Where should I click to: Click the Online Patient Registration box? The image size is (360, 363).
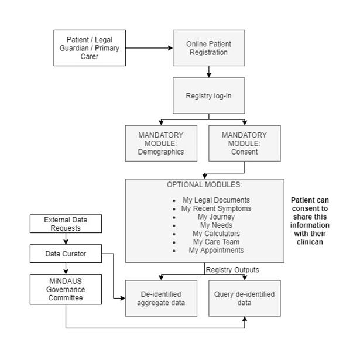point(208,48)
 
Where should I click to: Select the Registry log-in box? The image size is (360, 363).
point(208,95)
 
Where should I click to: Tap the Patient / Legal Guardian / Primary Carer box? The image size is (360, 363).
point(90,48)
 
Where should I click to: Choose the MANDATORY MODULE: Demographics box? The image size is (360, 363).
point(161,143)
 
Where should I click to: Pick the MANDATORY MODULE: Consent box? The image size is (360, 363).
point(245,143)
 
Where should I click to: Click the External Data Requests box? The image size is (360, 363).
point(66,224)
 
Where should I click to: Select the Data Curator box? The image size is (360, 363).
point(66,254)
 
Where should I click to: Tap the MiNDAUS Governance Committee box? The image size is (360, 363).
point(66,289)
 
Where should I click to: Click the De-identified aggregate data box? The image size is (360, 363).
point(161,298)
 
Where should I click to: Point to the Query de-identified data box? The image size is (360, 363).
point(245,298)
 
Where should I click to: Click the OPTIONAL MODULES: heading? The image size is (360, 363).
point(204,185)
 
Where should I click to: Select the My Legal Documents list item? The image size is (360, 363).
point(216,200)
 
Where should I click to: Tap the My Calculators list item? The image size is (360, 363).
point(216,234)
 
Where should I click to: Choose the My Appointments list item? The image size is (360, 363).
point(216,250)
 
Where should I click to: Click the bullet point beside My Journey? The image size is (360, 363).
point(174,217)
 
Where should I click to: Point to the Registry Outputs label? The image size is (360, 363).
point(232,270)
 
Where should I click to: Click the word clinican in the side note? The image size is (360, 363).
point(310,242)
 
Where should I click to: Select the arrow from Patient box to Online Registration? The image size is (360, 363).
point(149,48)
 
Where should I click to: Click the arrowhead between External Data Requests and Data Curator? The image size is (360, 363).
point(66,242)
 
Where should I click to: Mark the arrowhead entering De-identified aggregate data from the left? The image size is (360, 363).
point(123,298)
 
